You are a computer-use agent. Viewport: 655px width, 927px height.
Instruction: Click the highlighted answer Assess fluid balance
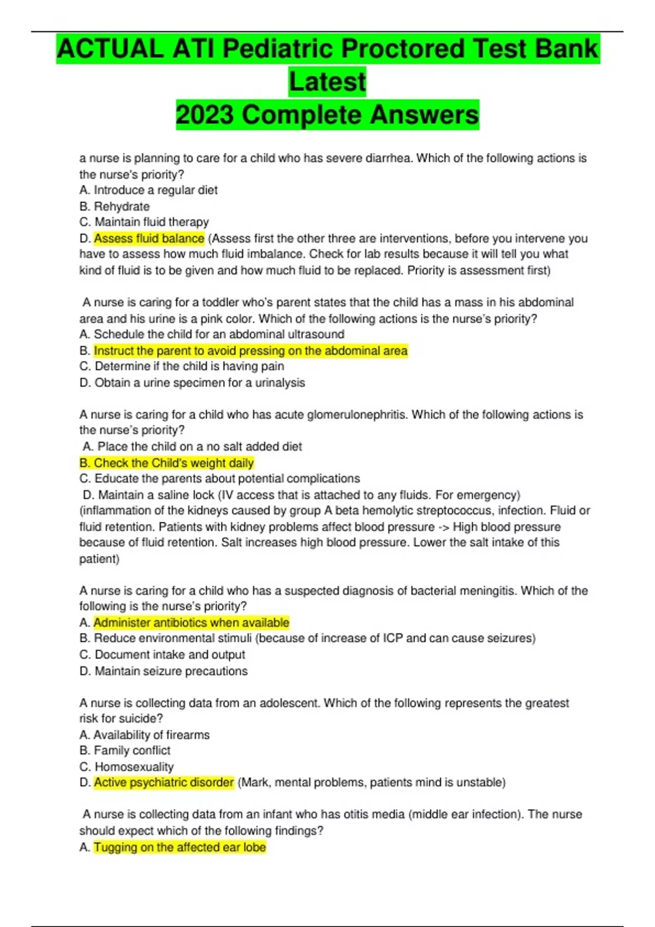point(148,238)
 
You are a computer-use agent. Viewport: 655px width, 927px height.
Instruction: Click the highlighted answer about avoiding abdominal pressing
point(251,351)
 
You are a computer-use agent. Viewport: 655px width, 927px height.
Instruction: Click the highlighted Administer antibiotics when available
point(191,623)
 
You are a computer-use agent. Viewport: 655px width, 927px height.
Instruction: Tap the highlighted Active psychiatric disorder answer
point(164,782)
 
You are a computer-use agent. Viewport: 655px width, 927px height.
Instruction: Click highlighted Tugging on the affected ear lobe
point(180,847)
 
